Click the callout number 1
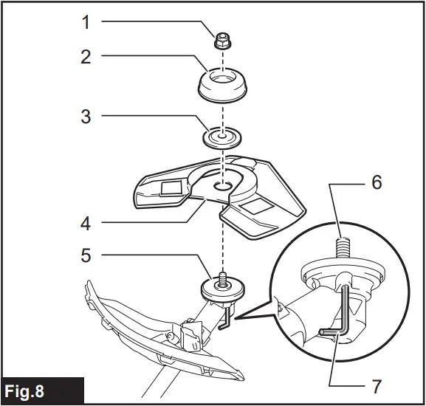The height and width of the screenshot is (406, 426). (x=86, y=22)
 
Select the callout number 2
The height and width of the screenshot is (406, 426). (x=86, y=56)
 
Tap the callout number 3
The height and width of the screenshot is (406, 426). (x=86, y=116)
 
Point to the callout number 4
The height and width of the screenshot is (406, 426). (x=86, y=221)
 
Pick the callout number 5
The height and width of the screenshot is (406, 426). (x=86, y=256)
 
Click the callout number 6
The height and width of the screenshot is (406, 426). (x=377, y=182)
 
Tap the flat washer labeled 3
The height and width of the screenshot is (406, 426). (x=221, y=138)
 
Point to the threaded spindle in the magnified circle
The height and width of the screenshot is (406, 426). (x=343, y=243)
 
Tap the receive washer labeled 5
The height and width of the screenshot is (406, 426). (x=221, y=288)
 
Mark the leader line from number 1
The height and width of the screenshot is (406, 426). (x=155, y=22)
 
